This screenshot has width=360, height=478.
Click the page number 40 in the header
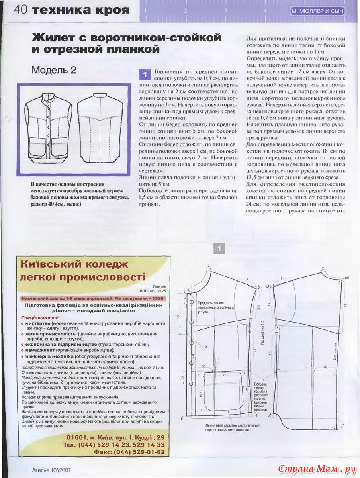point(20,10)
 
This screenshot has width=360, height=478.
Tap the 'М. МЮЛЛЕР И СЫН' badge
point(317,11)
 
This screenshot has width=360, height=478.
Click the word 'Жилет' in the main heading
point(57,38)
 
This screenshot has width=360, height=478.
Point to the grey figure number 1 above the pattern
point(219,249)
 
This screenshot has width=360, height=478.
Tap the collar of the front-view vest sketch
point(49,96)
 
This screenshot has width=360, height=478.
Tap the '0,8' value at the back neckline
point(346,278)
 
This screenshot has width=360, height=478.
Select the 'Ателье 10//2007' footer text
point(49,470)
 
